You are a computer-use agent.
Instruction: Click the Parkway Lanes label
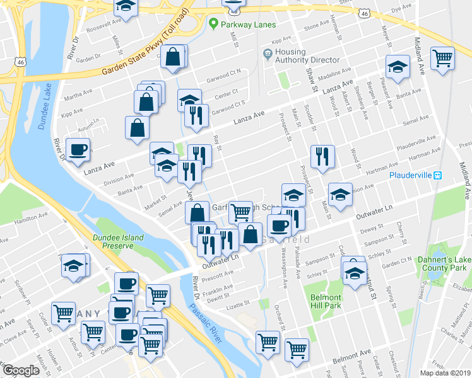tap(247, 25)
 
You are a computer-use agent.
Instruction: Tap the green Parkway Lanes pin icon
tap(213, 25)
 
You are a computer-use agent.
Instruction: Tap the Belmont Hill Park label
tap(326, 301)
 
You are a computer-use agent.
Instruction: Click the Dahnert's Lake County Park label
tap(441, 263)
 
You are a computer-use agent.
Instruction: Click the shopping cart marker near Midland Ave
tap(444, 59)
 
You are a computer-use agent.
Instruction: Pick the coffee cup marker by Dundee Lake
tap(78, 149)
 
